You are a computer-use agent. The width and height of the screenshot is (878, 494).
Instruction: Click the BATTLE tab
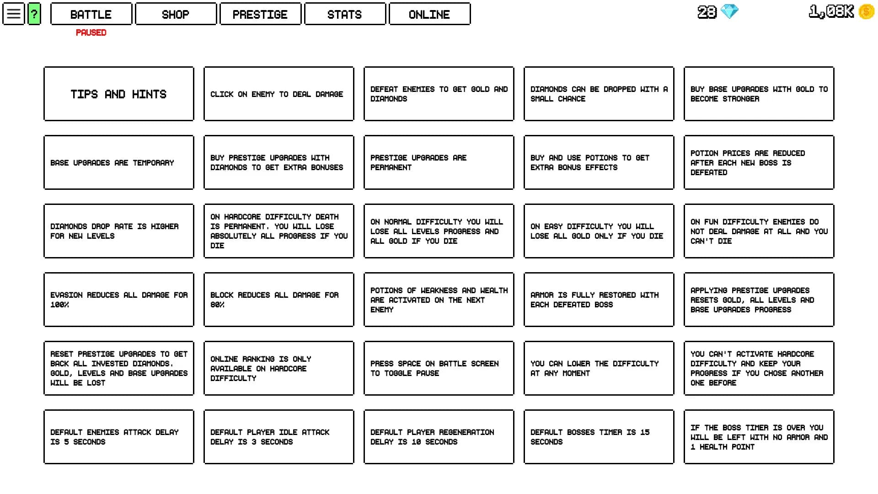(x=91, y=14)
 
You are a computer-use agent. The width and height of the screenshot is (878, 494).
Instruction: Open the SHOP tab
(x=176, y=14)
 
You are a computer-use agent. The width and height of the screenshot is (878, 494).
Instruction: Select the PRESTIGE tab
(x=260, y=14)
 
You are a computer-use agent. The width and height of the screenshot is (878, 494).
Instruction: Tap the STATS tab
(x=345, y=14)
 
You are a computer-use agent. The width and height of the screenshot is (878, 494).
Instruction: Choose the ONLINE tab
(x=429, y=14)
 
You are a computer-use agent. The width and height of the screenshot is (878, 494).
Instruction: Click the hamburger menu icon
(x=14, y=14)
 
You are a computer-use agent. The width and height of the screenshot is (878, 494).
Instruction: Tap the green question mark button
(x=34, y=14)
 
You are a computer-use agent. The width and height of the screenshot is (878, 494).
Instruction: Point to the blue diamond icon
(x=729, y=11)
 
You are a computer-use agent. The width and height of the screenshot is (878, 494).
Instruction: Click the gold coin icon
(x=867, y=11)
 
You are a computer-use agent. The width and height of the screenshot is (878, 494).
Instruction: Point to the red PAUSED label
(x=91, y=32)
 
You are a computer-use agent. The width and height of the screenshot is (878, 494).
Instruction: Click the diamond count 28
(x=707, y=12)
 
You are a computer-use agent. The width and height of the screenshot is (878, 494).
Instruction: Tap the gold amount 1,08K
(x=831, y=11)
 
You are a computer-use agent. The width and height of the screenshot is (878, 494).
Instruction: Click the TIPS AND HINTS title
(x=118, y=94)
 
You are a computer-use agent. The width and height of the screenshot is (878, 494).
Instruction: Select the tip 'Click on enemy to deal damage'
(x=278, y=94)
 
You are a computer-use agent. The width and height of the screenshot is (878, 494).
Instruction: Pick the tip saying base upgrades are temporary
(x=118, y=162)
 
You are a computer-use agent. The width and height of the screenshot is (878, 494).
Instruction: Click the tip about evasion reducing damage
(x=118, y=300)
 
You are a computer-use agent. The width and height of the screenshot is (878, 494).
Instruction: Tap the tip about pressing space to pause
(x=439, y=368)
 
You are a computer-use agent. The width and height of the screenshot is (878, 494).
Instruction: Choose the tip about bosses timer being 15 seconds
(x=599, y=437)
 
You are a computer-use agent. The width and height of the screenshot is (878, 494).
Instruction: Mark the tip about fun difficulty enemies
(x=759, y=231)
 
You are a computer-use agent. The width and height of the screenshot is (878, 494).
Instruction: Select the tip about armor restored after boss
(x=599, y=300)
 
